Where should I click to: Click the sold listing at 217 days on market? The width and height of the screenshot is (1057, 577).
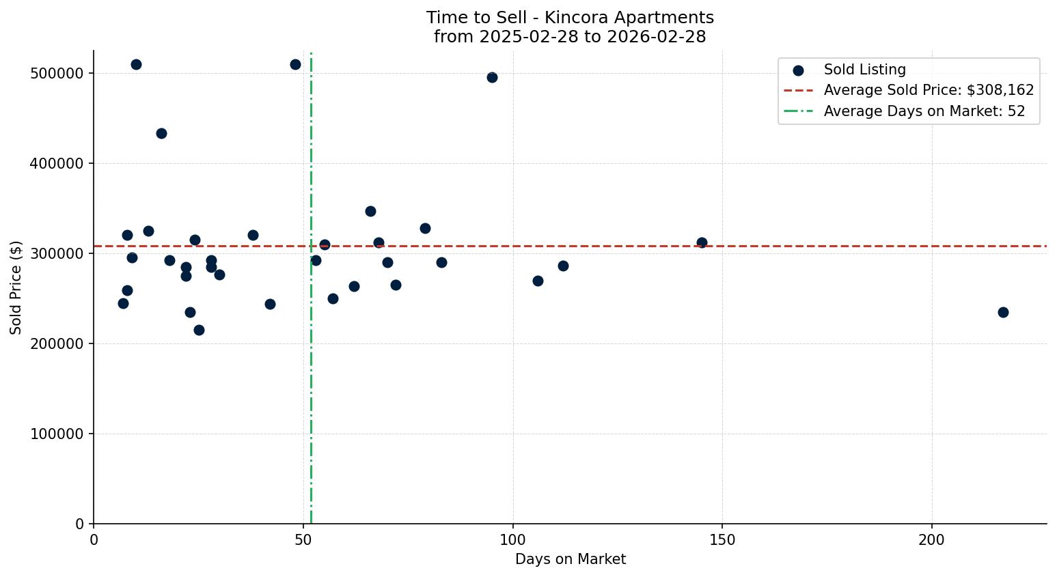(x=1003, y=312)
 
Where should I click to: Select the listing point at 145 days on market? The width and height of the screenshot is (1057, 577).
(x=702, y=242)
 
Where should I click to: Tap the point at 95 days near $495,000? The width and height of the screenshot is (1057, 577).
(x=492, y=77)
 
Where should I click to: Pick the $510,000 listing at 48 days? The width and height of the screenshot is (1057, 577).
(x=295, y=64)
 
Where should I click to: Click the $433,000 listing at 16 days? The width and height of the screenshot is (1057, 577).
(x=161, y=133)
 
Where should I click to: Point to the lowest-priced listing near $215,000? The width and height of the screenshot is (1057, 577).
(x=199, y=330)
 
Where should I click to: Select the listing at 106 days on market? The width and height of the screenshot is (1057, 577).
(x=538, y=281)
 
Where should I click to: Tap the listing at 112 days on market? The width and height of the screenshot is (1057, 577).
(x=563, y=266)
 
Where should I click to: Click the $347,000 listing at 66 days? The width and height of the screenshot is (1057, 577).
(x=370, y=211)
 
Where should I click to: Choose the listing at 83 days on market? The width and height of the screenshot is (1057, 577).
(x=441, y=262)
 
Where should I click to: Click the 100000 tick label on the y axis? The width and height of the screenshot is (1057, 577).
(x=57, y=434)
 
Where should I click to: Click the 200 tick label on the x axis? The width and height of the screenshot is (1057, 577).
(x=932, y=539)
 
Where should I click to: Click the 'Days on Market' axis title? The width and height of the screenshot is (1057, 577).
(x=571, y=559)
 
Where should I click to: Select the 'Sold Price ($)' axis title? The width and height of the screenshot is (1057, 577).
(x=16, y=287)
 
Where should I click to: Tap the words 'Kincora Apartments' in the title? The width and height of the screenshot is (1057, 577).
(x=629, y=18)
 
